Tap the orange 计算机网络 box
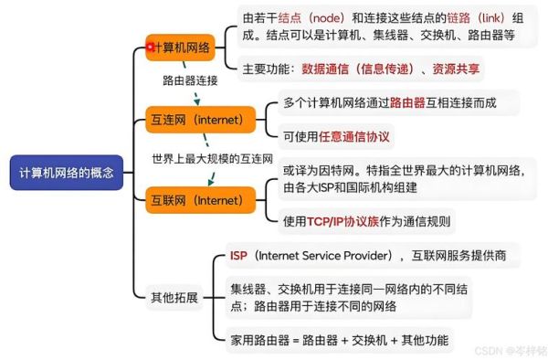point(184,48)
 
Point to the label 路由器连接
point(190,80)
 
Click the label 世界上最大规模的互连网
point(212,159)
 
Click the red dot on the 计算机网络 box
point(151,43)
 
